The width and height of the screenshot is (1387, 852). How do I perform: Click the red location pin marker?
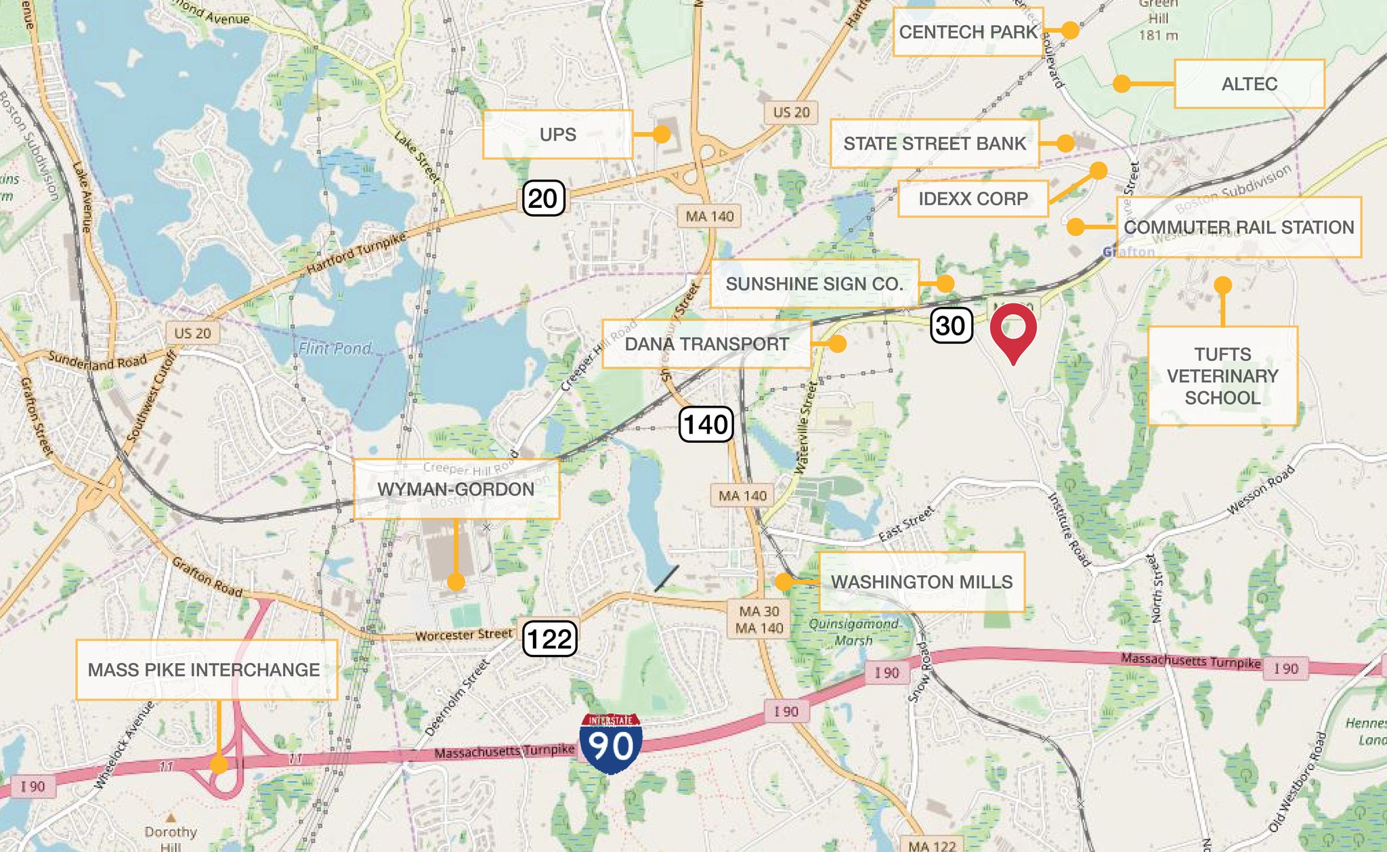(1013, 329)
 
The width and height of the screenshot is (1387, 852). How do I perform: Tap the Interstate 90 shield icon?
(611, 744)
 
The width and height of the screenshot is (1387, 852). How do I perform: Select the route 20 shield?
(543, 198)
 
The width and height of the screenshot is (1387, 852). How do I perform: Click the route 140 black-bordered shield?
(706, 425)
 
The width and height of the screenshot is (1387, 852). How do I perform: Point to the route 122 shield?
(549, 639)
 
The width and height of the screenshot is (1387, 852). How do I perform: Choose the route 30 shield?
(951, 326)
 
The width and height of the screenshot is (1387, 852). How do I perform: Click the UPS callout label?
(557, 135)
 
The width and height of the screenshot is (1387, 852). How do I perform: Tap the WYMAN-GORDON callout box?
(456, 489)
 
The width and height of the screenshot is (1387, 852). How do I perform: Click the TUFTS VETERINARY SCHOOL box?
(1222, 376)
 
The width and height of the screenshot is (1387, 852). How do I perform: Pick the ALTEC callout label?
(1249, 84)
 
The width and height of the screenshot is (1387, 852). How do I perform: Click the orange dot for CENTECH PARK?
(1070, 30)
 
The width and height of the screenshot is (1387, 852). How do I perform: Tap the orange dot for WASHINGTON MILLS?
(784, 581)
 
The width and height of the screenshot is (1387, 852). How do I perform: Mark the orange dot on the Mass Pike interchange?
(219, 765)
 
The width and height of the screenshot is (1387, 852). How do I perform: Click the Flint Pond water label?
(335, 348)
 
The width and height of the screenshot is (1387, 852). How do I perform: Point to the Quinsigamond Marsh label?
(853, 632)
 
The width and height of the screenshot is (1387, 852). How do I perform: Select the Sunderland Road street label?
(97, 361)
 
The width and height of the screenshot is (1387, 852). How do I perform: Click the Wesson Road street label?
(1260, 490)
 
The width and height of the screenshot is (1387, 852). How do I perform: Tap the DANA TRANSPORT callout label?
(706, 344)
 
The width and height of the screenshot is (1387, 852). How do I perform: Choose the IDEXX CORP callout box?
(973, 199)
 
